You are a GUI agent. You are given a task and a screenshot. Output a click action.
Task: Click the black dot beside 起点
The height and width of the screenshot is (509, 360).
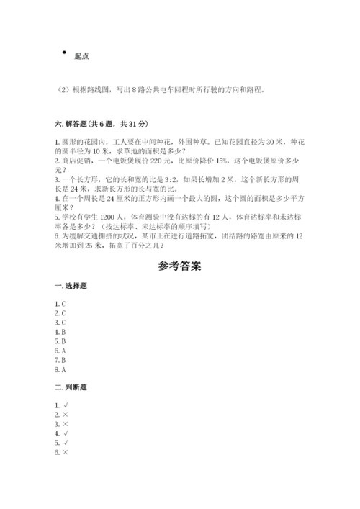[x=65, y=52]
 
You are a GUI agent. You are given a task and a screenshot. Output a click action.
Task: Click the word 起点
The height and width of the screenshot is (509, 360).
[x=81, y=56]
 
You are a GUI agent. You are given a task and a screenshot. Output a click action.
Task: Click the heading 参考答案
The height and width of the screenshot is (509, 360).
[x=179, y=266]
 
